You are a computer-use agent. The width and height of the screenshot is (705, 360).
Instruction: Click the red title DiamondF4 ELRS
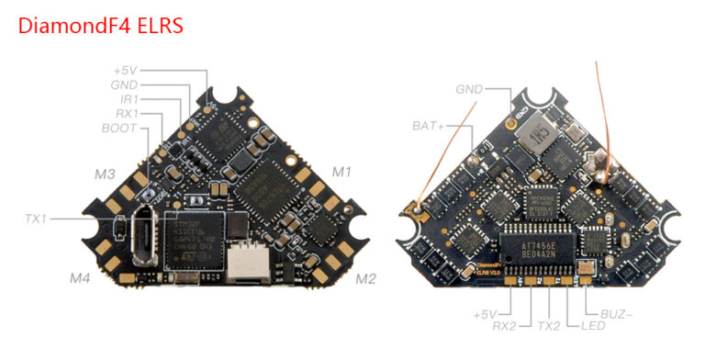101,24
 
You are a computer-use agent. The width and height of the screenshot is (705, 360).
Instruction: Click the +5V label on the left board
125,69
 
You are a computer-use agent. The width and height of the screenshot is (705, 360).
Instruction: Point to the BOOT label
119,129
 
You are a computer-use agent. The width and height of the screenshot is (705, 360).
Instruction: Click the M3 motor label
105,174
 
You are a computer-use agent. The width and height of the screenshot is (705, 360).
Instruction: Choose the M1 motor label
341,171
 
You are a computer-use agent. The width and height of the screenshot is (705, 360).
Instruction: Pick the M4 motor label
81,276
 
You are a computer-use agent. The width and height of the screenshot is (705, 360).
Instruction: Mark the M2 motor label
365,277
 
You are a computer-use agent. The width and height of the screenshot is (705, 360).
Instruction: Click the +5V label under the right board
486,313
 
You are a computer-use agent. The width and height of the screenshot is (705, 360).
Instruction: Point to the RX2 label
506,325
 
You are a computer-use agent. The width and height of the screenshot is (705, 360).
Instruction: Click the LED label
580,325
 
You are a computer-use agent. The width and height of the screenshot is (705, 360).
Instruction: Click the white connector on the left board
245,264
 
